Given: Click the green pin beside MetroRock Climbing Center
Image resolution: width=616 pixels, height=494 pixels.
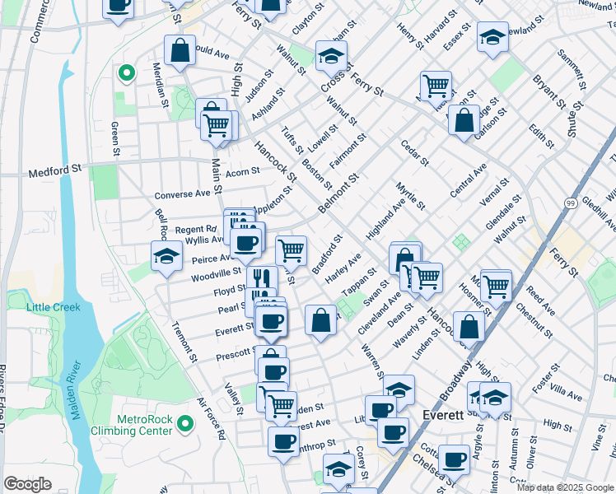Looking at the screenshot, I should pyautogui.click(x=185, y=424).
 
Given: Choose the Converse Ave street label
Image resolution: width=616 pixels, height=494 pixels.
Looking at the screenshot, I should pyautogui.click(x=182, y=195).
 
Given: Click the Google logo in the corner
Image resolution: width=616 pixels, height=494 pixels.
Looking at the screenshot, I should pyautogui.click(x=28, y=484).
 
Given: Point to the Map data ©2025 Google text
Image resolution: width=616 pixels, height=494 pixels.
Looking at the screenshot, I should pyautogui.click(x=566, y=487).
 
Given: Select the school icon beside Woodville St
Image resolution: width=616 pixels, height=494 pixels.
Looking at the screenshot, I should pyautogui.click(x=166, y=255).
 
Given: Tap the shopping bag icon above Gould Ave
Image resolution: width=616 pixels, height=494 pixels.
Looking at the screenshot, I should pyautogui.click(x=180, y=51).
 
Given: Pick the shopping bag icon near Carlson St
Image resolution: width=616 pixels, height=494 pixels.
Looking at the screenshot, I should pyautogui.click(x=464, y=120).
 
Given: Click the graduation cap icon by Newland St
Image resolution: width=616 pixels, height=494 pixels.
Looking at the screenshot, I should pyautogui.click(x=492, y=38).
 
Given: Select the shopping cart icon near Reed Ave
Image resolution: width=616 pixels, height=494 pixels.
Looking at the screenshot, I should pyautogui.click(x=496, y=285).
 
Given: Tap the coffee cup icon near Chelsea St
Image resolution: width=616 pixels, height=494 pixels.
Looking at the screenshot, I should pyautogui.click(x=453, y=459).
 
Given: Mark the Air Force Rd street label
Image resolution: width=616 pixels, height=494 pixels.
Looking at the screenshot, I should pyautogui.click(x=211, y=419).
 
